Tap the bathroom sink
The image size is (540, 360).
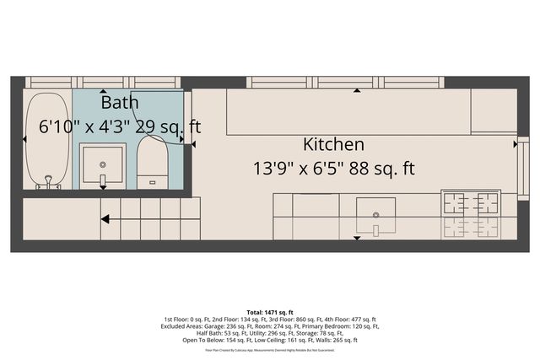click(103, 166)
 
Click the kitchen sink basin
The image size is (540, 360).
click(375, 210)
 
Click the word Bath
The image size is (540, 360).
click(120, 103)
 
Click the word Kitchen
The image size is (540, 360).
click(334, 144)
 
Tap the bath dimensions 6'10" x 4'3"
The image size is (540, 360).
click(85, 127)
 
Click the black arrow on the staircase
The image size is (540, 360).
click(105, 220)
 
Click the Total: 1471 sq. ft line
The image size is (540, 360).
click(269, 313)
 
